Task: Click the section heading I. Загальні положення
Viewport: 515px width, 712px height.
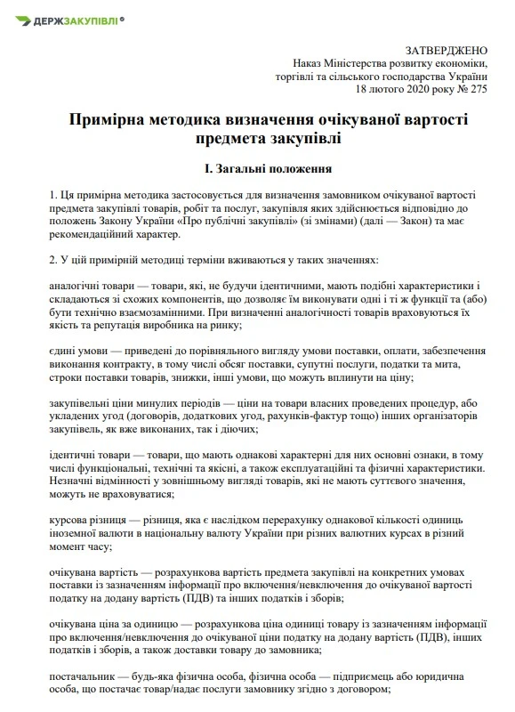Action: tap(256, 166)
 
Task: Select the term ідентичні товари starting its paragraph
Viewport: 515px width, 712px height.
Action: tap(94, 456)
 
